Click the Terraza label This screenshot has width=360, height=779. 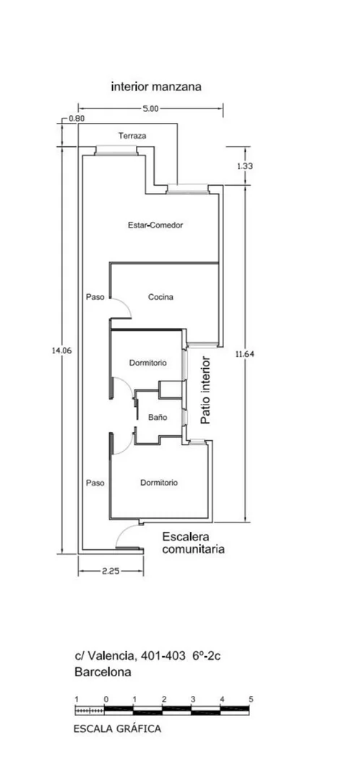coord(132,135)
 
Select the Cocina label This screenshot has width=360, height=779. coord(160,297)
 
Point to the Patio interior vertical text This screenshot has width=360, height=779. coord(206,389)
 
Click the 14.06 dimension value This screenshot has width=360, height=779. coord(61,350)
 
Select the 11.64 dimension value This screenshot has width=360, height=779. coord(244,354)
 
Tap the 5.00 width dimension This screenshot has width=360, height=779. coord(150,109)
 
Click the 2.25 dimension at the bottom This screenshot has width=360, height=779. coord(111,572)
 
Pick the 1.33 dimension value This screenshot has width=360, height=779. coord(244,166)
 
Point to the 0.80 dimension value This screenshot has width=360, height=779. coord(77,119)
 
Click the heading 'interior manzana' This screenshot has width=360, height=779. coord(156,87)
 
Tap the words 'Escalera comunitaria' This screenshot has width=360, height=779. coord(194,543)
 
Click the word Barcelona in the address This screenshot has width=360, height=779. coord(103,672)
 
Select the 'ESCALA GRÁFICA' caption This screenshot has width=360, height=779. coord(117,729)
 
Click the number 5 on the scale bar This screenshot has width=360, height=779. coord(251,699)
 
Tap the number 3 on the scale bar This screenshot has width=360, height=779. coord(193,699)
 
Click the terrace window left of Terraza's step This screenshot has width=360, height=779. coord(116,150)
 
